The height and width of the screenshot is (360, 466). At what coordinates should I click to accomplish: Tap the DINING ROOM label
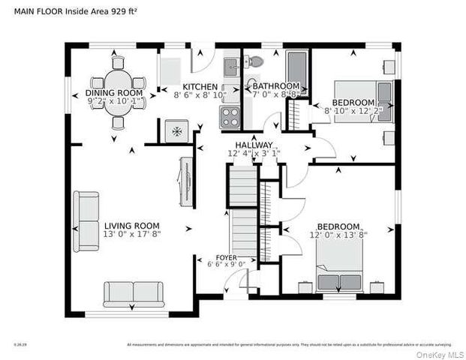coord(113,92)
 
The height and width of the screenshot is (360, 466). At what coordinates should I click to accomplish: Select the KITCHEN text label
coord(200,87)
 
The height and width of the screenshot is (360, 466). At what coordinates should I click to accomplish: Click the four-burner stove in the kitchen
coord(230,117)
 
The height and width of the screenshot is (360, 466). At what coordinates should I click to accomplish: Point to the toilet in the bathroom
coord(255,61)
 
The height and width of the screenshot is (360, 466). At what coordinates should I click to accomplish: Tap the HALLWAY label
coord(253,145)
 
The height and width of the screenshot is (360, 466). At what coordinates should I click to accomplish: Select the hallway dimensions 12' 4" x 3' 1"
coord(254,154)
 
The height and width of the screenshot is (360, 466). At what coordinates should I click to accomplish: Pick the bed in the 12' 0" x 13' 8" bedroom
coord(339,266)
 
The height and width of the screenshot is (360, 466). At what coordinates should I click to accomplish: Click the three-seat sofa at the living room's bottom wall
coord(134,293)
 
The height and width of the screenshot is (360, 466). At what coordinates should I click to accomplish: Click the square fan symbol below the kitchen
coord(176,131)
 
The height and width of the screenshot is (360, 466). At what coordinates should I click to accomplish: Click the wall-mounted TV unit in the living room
coord(185,180)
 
